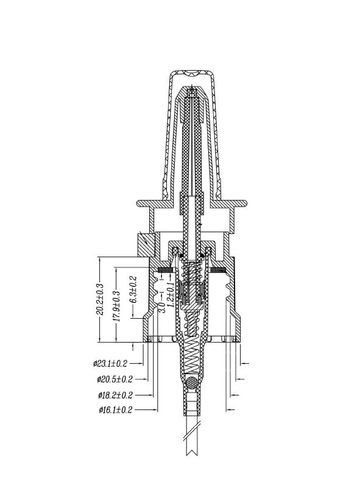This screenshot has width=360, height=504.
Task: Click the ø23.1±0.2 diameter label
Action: [110, 364]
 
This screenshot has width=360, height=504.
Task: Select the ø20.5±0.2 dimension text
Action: [115, 379]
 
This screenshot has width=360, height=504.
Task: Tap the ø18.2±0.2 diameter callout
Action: [115, 395]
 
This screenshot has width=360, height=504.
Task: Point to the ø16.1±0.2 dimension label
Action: [116, 410]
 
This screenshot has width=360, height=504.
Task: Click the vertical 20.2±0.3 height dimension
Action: [100, 299]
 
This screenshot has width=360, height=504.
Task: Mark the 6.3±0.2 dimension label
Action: [133, 289]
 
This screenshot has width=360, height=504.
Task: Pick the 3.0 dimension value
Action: [162, 307]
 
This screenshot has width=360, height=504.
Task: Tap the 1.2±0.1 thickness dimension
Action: [171, 294]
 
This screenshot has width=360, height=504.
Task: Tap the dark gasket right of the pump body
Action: [218, 270]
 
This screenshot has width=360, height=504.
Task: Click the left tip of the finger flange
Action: [137, 204]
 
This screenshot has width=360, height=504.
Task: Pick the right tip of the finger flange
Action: [247, 204]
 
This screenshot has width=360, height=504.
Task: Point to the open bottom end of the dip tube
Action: [192, 455]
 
